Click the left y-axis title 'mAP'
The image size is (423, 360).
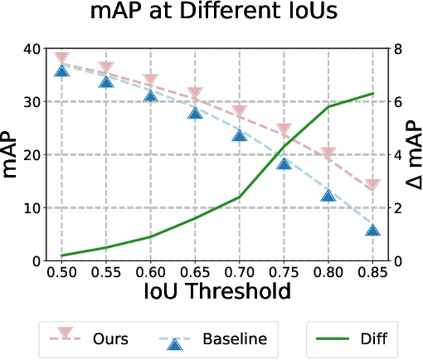point(15,154)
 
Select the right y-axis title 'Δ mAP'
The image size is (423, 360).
point(414,154)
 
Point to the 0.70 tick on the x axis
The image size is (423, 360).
point(240,271)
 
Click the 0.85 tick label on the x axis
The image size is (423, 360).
point(373,271)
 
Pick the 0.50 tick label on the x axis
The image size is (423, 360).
point(61,271)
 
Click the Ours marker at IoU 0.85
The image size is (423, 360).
point(373,186)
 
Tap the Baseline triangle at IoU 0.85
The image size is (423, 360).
point(373,230)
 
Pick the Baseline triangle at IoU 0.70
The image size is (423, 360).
point(240,134)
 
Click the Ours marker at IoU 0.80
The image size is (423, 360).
point(328,153)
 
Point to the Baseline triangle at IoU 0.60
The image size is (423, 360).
point(151,95)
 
